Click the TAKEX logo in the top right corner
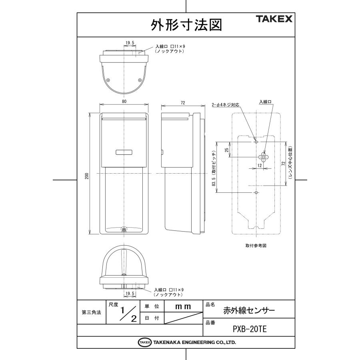pos(274,19)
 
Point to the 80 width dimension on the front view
pos(124,102)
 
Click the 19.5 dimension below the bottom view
pos(130,293)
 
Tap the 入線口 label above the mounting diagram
pos(265,102)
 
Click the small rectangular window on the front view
pos(124,152)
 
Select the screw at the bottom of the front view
pos(124,230)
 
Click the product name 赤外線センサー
pos(249,310)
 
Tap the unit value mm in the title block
pos(183,306)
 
